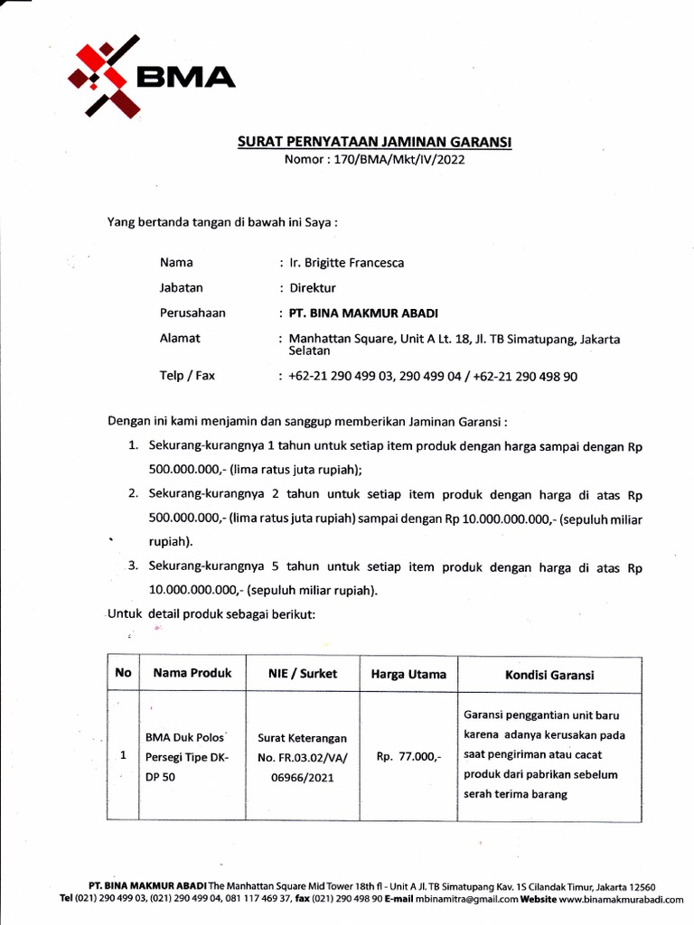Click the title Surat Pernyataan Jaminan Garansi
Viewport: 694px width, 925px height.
[375, 142]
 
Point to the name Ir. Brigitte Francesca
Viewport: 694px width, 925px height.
[346, 263]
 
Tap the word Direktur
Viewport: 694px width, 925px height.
[313, 288]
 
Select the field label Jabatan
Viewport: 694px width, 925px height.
[182, 288]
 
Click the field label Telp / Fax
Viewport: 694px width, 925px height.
[187, 375]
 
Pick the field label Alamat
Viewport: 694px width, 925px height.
[180, 338]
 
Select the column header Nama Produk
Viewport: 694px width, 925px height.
[192, 673]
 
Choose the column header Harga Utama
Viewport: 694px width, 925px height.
[408, 674]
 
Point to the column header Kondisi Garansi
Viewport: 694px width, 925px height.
[549, 675]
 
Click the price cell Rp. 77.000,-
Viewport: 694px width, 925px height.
[408, 756]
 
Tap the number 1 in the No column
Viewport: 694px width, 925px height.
[122, 756]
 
